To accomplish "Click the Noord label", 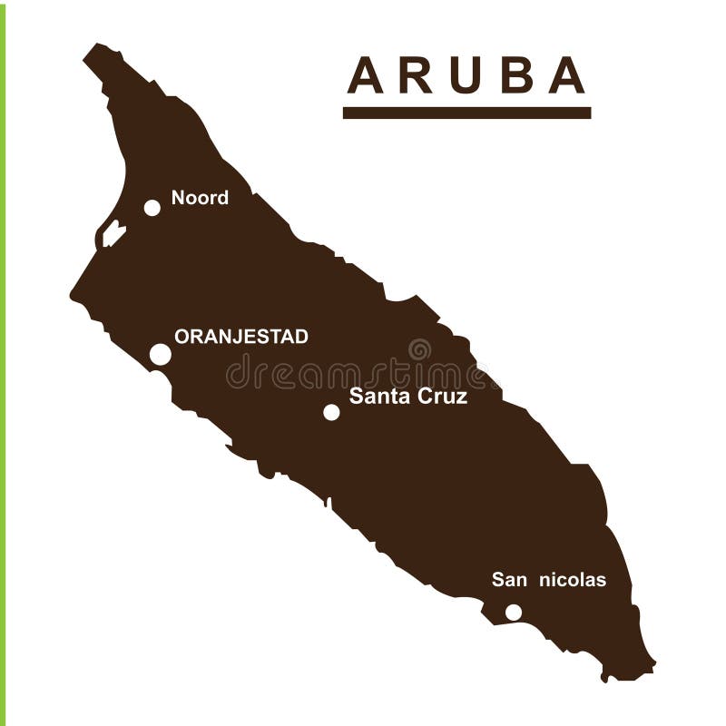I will point(200,198).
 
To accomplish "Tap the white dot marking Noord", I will point(152,208).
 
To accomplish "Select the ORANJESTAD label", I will point(240,337).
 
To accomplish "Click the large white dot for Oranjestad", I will point(160,355).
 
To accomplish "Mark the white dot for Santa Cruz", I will point(331,412).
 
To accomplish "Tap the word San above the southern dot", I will point(509,580).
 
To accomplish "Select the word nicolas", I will point(573,580).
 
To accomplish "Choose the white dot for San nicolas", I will point(514,613).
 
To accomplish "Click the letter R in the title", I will point(415,75).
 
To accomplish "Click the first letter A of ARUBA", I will point(366,75).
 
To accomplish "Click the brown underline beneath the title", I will point(466,113).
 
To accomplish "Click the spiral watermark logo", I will point(419,349).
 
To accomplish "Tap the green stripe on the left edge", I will point(3,363).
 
